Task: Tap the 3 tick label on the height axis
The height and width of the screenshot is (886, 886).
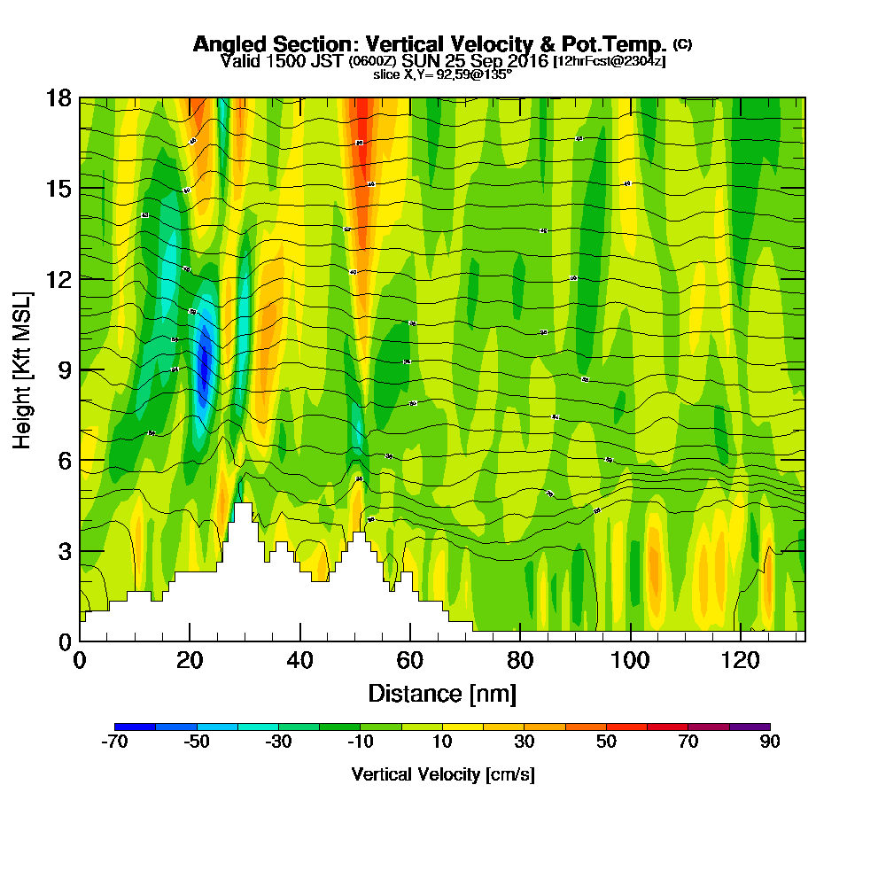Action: pos(63,551)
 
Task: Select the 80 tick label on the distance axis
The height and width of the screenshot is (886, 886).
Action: pos(519,660)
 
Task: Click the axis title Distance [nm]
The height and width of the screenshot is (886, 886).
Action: pos(442,693)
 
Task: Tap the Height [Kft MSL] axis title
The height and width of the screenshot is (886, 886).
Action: pos(21,369)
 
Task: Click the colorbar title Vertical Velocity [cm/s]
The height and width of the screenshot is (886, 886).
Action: pos(442,774)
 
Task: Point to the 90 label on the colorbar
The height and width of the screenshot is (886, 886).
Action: pos(769,742)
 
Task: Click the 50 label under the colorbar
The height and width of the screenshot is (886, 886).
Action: pos(606,742)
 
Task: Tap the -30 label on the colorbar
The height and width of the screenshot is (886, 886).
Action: pos(278,742)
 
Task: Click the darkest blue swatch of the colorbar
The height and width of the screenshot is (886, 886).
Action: pos(135,727)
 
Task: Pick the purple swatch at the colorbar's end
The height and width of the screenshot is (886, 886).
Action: pos(750,727)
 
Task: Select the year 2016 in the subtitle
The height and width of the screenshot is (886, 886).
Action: pos(526,61)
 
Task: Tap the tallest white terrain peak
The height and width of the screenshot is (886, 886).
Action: pos(243,509)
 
